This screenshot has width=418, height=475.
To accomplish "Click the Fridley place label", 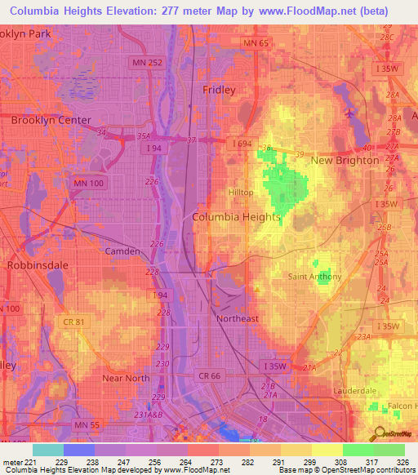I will (219, 90).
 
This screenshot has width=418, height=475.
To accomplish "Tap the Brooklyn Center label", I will (51, 119).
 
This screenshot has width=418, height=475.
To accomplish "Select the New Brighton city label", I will (345, 160).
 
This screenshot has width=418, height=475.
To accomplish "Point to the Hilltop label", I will (241, 192).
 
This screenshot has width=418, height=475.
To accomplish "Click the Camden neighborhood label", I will (122, 251).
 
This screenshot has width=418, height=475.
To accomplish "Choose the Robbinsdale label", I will (33, 265).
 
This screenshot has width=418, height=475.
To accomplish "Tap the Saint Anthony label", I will (315, 277).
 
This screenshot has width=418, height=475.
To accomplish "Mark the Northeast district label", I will (237, 318).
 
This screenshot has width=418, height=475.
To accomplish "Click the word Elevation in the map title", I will (132, 14).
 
